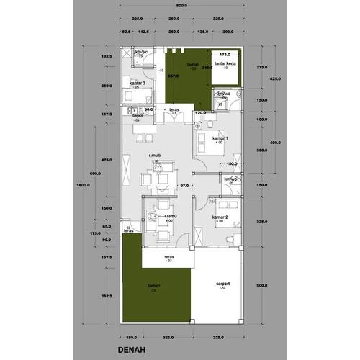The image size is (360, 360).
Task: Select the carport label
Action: click(222, 284)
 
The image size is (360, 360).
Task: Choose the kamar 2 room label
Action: click(220, 217)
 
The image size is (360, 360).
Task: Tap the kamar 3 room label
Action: click(138, 83)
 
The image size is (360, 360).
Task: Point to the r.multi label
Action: click(154, 155)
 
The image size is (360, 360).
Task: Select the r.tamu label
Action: click(170, 216)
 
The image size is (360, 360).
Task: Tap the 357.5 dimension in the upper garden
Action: click(172, 74)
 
